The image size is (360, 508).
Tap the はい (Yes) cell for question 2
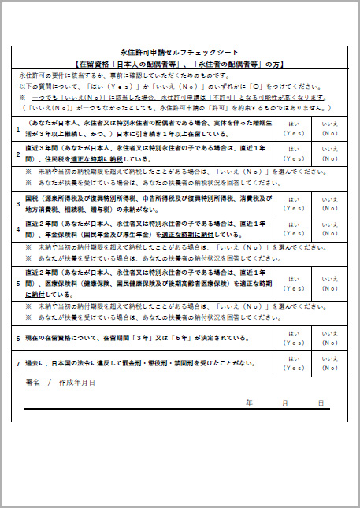click(x=294, y=154)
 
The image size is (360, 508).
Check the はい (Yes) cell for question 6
click(x=294, y=339)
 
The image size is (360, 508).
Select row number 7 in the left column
click(x=18, y=364)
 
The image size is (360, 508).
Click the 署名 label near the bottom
click(x=33, y=382)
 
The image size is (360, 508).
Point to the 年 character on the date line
click(x=250, y=402)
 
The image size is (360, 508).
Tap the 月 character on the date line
click(x=284, y=402)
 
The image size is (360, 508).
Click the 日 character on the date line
click(x=321, y=402)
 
